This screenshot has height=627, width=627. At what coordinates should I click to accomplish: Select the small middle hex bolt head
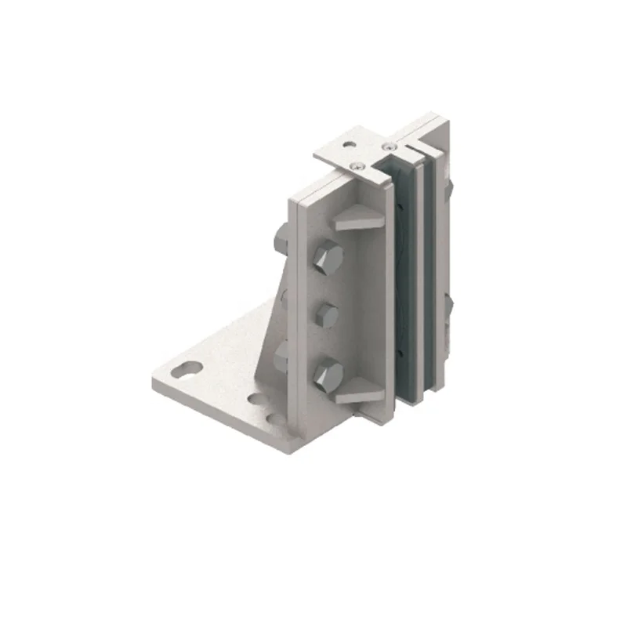326,316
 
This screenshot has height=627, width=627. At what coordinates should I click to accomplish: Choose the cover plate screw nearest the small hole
357,165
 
